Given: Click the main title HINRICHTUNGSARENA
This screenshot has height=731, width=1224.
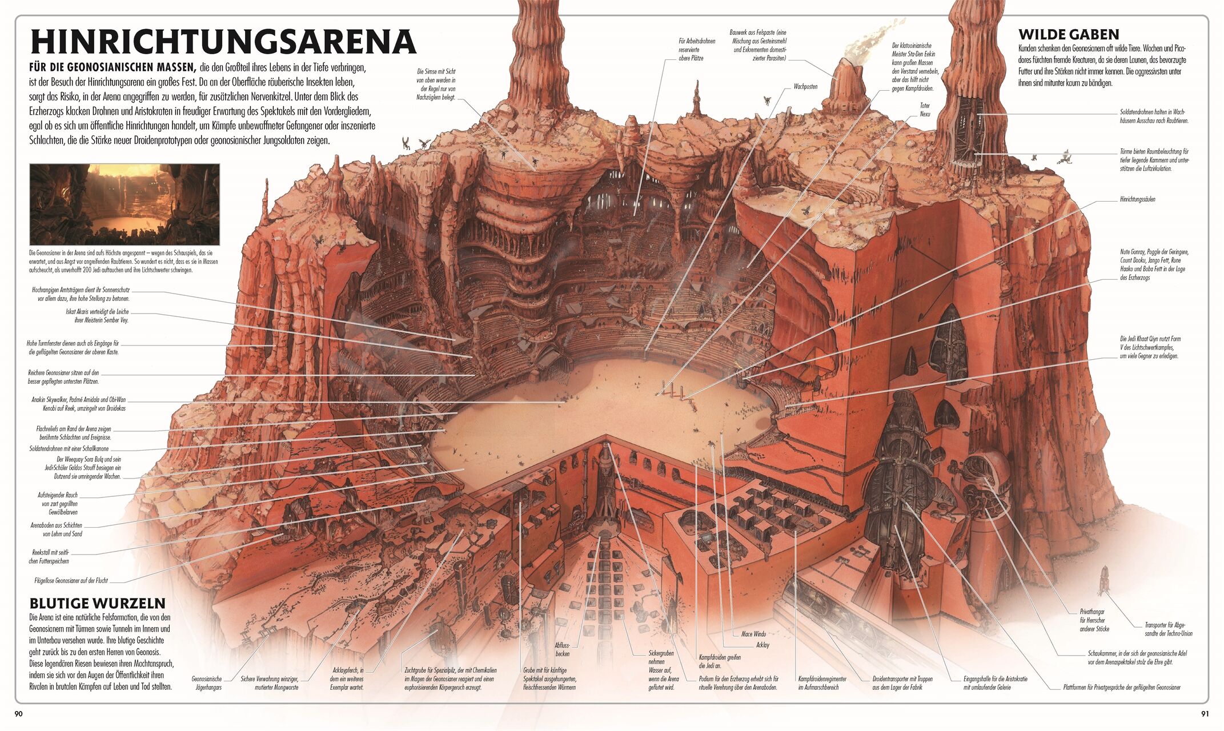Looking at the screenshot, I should tap(223, 41).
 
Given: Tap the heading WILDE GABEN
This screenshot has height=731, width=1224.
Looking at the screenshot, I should tap(1068, 34).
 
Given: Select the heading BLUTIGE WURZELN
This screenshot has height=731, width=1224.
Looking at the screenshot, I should tap(97, 603).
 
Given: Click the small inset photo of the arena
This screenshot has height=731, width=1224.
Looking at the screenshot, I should tap(125, 204).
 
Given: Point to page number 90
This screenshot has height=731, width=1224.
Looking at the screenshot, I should tap(18, 713).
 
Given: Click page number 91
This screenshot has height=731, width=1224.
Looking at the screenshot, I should tap(1205, 713).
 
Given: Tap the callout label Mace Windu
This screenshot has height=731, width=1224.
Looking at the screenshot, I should tap(753, 634).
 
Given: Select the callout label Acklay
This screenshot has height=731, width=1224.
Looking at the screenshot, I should tap(763, 645).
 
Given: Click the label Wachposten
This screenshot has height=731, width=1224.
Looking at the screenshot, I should tap(805, 87).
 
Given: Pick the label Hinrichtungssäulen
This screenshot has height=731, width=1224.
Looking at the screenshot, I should tap(1137, 199).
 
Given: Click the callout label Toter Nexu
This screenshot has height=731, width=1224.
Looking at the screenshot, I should tap(925, 110).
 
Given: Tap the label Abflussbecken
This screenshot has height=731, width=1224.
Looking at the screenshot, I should tap(562, 649).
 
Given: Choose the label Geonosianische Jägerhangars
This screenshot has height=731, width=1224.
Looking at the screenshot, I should tap(207, 683).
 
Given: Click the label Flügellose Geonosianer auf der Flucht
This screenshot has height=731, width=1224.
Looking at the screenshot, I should tap(71, 581).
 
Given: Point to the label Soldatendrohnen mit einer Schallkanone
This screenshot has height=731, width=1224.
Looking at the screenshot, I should tap(69, 449).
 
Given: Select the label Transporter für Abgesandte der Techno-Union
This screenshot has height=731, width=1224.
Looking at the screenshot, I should tap(1169, 629).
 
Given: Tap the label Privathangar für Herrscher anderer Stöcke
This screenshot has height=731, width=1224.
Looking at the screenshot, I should tap(1093, 620).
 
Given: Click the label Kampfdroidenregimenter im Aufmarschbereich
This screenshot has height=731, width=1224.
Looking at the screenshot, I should tap(822, 683).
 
